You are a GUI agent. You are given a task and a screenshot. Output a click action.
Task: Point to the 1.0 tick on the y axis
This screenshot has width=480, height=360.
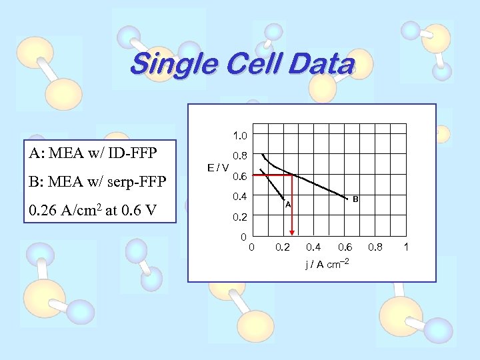[240, 135]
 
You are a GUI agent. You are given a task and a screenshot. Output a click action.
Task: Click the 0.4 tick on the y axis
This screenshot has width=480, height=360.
[240, 197]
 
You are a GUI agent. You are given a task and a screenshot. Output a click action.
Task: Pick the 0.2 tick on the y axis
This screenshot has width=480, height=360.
[240, 217]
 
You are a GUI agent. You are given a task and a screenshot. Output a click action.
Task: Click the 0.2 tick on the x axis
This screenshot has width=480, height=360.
[283, 248]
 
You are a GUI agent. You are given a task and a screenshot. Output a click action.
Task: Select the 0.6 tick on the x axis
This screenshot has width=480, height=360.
[345, 248]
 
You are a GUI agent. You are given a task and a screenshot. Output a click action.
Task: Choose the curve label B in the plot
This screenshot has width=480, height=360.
[355, 199]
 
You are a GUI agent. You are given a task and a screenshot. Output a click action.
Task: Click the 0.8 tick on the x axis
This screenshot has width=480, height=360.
[376, 248]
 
